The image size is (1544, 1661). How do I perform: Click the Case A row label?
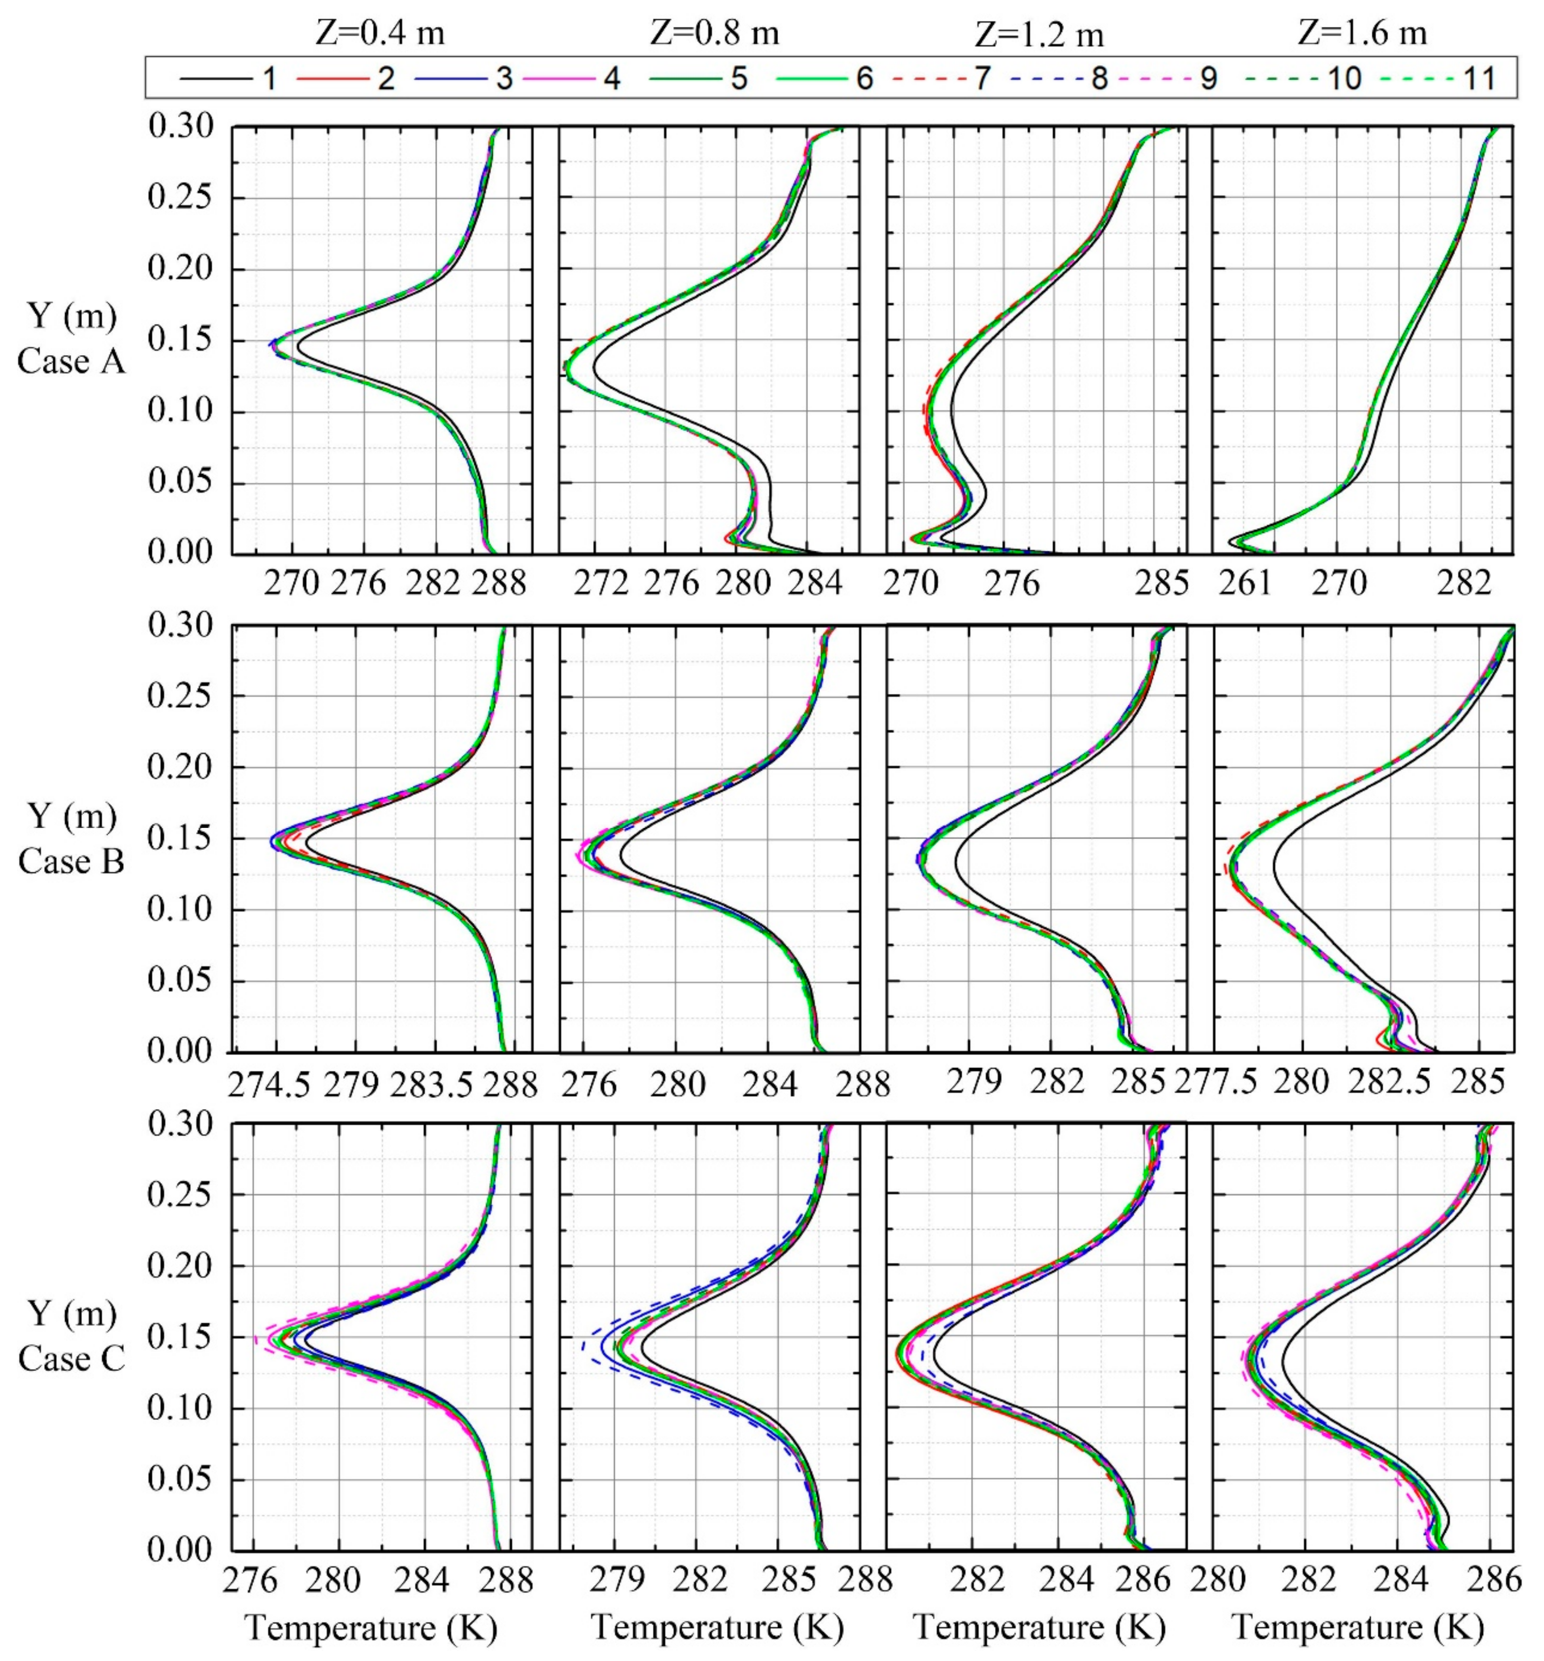click(71, 362)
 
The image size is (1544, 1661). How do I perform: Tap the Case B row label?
click(71, 861)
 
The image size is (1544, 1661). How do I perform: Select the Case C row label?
click(71, 1358)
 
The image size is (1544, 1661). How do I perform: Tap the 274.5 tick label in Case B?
click(269, 1085)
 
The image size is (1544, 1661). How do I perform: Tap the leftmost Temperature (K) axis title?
click(371, 1627)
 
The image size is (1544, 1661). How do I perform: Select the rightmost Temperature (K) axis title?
click(1359, 1627)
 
